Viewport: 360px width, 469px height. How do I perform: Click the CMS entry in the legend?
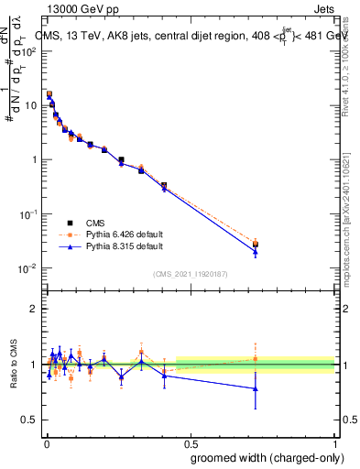point(96,222)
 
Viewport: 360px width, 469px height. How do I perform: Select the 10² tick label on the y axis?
point(29,51)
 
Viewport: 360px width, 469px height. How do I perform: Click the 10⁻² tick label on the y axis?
point(29,268)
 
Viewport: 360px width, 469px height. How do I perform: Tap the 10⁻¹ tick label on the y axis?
point(29,214)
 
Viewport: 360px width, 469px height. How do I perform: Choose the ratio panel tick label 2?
point(33,309)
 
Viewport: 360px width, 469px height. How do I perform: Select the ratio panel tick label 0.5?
point(29,419)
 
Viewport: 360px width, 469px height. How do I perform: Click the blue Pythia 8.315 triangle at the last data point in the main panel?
point(256,252)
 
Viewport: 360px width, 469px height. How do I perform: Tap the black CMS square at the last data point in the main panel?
point(256,245)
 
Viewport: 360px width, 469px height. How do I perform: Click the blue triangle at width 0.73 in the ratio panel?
point(256,388)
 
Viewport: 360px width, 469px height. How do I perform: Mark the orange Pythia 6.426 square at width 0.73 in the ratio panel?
point(256,358)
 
